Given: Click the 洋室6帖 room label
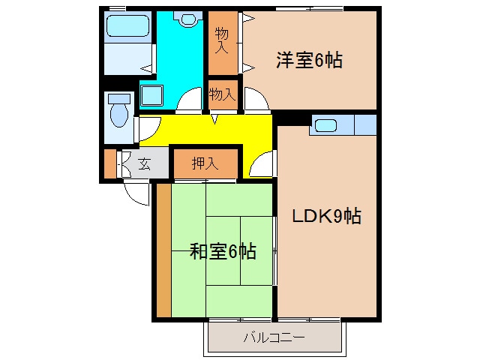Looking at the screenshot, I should point(308,61).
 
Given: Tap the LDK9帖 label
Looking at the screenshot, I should point(326,217).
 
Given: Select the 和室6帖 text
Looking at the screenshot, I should point(222,251).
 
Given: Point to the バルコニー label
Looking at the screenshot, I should point(274,337).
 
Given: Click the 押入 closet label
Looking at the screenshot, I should point(204,163).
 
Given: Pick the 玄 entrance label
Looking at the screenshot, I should point(144,164).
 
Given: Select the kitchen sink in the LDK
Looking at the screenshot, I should point(326,126).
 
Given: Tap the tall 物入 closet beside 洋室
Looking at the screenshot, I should point(222,43).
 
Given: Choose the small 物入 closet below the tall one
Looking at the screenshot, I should point(222,94).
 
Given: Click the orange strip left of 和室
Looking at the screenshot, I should point(163,249).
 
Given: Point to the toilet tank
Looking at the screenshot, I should point(118,98).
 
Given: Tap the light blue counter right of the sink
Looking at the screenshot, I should point(364,125).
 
